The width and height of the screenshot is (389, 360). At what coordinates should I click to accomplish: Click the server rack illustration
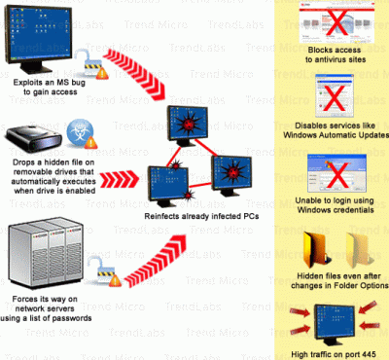pyautogui.click(x=46, y=255)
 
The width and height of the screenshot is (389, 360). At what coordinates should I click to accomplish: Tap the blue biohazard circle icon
pyautogui.click(x=80, y=132)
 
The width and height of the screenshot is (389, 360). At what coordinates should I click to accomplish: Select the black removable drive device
pyautogui.click(x=33, y=138)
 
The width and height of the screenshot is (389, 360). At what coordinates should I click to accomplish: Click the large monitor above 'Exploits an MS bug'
pyautogui.click(x=38, y=39)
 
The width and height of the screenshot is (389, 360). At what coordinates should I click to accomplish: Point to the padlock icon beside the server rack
pyautogui.click(x=105, y=270)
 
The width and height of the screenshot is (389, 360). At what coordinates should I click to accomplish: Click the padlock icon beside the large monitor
pyautogui.click(x=91, y=64)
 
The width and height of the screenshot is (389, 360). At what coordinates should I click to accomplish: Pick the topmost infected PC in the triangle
pyautogui.click(x=188, y=124)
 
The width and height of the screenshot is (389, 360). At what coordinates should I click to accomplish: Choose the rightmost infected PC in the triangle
pyautogui.click(x=231, y=175)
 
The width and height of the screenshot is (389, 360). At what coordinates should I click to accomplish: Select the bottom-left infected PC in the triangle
pyautogui.click(x=168, y=186)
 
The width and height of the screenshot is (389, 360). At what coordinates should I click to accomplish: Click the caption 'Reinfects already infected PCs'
pyautogui.click(x=201, y=216)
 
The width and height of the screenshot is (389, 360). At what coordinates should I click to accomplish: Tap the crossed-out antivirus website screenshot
pyautogui.click(x=336, y=23)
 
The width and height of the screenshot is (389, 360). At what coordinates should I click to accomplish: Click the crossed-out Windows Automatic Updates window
pyautogui.click(x=335, y=96)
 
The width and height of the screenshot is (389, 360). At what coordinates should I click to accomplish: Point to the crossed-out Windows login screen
pyautogui.click(x=337, y=174)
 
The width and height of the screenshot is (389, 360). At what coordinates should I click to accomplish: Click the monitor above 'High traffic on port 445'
pyautogui.click(x=335, y=325)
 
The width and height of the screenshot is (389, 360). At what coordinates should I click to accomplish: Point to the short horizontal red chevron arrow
pyautogui.click(x=119, y=180)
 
